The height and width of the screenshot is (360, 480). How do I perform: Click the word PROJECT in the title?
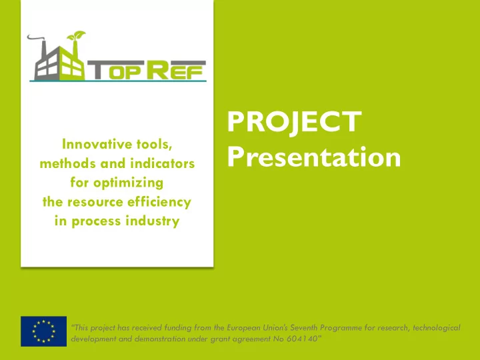[x=294, y=122]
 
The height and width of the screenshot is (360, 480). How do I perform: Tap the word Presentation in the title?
[x=314, y=157]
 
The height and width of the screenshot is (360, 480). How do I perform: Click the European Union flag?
[x=44, y=331]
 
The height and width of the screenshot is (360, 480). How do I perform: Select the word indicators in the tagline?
[x=163, y=163]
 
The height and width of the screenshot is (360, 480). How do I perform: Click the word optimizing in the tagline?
[x=128, y=183]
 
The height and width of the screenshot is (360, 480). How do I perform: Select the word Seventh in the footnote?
[x=304, y=328]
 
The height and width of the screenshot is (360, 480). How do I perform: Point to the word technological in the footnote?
[x=437, y=328]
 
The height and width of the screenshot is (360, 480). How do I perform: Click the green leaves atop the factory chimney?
[x=76, y=35]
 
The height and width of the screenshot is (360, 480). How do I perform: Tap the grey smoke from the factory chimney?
[x=36, y=38]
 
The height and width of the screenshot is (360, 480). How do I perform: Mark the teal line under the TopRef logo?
[x=118, y=81]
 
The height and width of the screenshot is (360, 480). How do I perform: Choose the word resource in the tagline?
[x=95, y=203]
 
